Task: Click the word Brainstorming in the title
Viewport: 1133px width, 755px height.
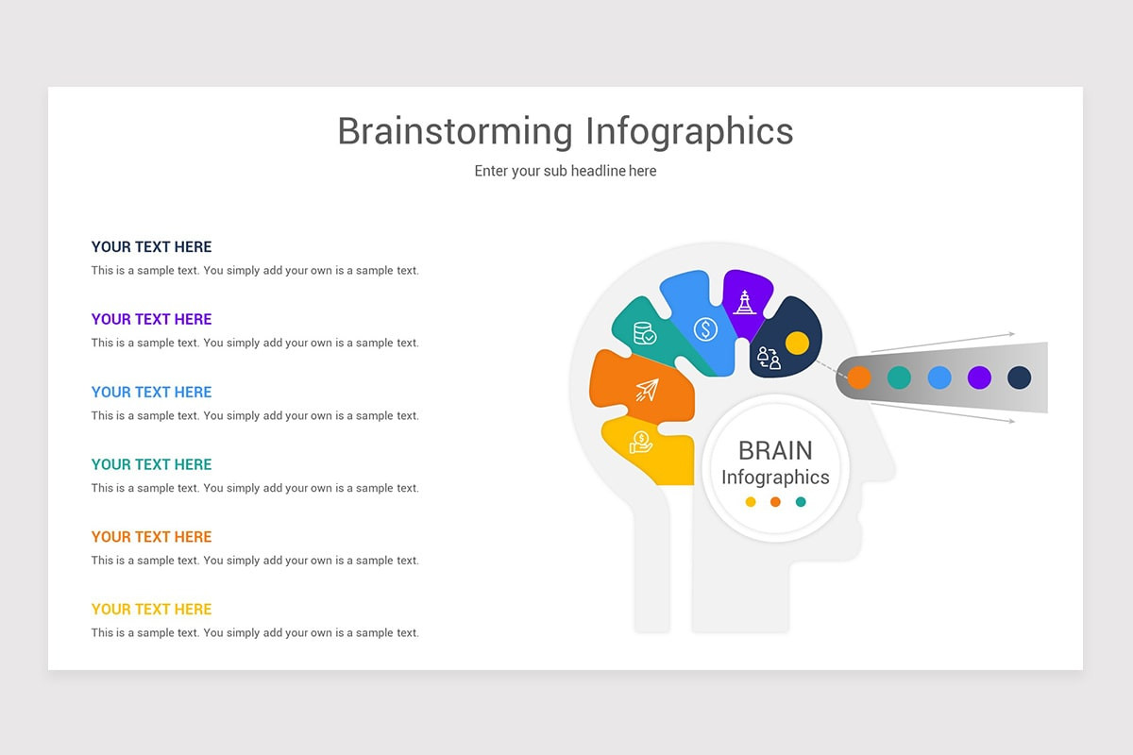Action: (x=454, y=132)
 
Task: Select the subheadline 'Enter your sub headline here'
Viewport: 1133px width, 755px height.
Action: (x=565, y=171)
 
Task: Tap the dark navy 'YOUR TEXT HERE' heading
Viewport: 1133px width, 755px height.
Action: (x=151, y=247)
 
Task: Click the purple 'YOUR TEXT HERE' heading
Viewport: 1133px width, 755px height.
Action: (x=151, y=320)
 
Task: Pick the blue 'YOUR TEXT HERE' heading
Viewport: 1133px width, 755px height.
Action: (x=151, y=393)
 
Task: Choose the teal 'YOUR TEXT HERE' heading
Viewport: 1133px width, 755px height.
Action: (x=151, y=464)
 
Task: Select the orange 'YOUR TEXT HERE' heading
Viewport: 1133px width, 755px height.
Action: (x=151, y=537)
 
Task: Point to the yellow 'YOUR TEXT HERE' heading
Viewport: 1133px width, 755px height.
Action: (x=151, y=610)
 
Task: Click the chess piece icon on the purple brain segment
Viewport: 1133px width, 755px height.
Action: (x=745, y=302)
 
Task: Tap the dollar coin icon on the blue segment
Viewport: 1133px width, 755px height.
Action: (x=705, y=329)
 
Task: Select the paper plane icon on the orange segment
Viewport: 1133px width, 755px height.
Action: (x=647, y=390)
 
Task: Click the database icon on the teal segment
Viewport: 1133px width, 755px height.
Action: (x=645, y=333)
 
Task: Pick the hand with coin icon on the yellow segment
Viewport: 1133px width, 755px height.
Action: (x=641, y=441)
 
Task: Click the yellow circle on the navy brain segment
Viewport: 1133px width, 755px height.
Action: (x=797, y=343)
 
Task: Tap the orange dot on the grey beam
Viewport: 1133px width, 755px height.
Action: (x=859, y=377)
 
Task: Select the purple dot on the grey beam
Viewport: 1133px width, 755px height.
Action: (x=979, y=377)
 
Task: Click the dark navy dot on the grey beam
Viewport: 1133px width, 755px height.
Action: (x=1019, y=377)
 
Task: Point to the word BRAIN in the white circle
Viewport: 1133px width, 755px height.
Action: (x=775, y=450)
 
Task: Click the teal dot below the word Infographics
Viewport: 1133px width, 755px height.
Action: (x=801, y=502)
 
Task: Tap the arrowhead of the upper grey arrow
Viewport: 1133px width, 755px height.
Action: (x=1011, y=334)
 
